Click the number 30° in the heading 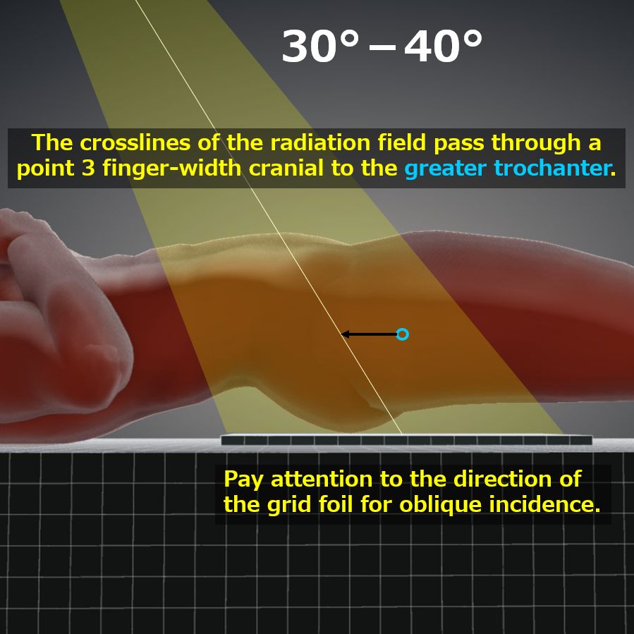pos(320,46)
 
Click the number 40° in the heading pos(443,46)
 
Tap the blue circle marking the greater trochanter pos(402,334)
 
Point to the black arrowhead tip pos(341,334)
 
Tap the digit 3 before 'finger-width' pos(88,169)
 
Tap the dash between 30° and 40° pos(382,49)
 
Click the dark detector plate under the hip pos(406,440)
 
